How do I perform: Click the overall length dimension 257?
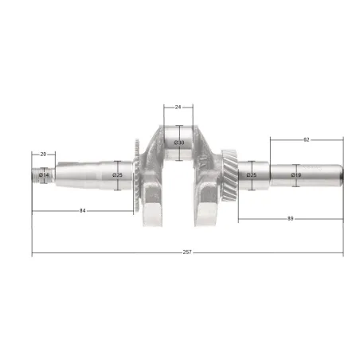[x=187, y=252]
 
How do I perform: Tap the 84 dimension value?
[x=83, y=211]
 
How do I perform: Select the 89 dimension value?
[x=290, y=219]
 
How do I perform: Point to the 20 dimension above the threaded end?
[x=43, y=155]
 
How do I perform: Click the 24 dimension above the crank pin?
[x=178, y=108]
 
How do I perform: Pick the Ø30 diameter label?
[x=179, y=143]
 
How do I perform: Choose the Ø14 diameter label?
[x=44, y=175]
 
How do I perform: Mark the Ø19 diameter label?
[x=296, y=175]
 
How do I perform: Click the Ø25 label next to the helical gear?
[x=252, y=175]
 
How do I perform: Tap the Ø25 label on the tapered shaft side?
[x=117, y=175]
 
